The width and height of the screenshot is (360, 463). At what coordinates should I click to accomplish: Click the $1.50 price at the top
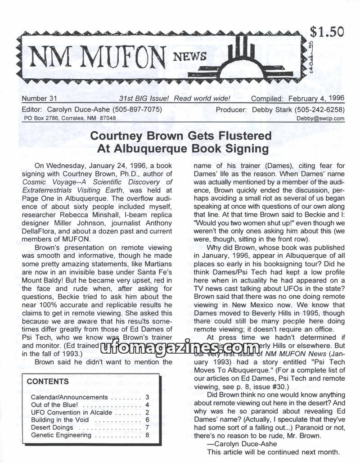pyautogui.click(x=327, y=32)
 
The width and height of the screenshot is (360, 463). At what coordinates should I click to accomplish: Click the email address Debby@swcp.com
pyautogui.click(x=321, y=118)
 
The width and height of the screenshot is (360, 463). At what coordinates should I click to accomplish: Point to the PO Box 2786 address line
pyautogui.click(x=70, y=118)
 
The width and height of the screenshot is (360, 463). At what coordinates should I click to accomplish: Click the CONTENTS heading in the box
pyautogui.click(x=48, y=382)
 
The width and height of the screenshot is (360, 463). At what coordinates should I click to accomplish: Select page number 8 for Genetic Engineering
pyautogui.click(x=147, y=435)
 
